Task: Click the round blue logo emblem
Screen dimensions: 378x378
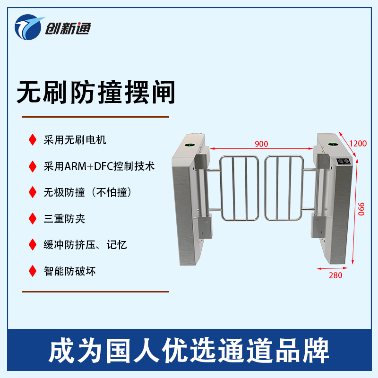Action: [x=28, y=27]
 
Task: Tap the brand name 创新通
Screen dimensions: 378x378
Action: [x=68, y=29]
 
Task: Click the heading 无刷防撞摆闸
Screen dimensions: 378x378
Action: [x=96, y=92]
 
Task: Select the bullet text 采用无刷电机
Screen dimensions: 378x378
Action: [x=75, y=140]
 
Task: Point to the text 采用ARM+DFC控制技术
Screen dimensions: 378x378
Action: [x=99, y=166]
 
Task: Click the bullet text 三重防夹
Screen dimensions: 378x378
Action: [x=64, y=219]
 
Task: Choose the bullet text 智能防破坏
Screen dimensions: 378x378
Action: [x=69, y=271]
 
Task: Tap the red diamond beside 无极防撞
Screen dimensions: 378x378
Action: [x=33, y=192]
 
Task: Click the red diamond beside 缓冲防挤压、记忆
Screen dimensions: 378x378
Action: [x=33, y=245]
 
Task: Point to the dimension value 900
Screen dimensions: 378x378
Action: [x=261, y=144]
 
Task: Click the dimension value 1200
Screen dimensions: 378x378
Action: [x=358, y=144]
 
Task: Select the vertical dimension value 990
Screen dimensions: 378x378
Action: [x=361, y=209]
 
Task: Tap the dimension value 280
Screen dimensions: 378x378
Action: [x=335, y=275]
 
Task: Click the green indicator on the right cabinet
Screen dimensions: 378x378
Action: [x=333, y=145]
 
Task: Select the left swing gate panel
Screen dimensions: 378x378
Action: [x=239, y=188]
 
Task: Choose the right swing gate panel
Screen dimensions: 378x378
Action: [x=284, y=188]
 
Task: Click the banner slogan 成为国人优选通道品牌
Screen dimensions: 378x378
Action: [x=189, y=350]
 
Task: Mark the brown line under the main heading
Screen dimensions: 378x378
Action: [x=96, y=117]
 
